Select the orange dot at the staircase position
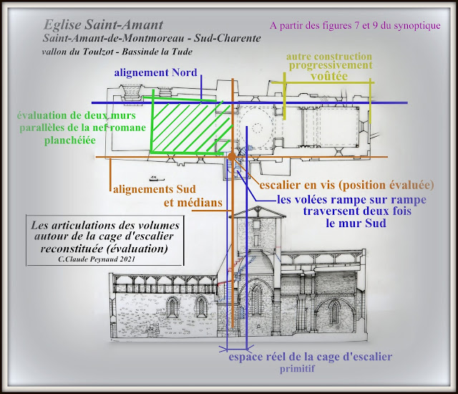click(x=232, y=155)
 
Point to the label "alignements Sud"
click(x=155, y=190)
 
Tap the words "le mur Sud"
click(x=356, y=224)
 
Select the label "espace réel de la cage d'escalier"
click(x=310, y=357)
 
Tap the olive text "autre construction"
click(x=328, y=56)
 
